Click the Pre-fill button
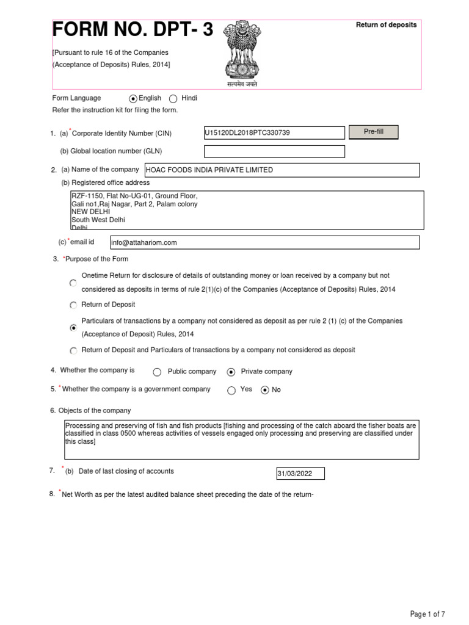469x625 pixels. click(373, 132)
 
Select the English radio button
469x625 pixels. click(133, 99)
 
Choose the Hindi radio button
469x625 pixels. click(173, 99)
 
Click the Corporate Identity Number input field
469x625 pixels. click(274, 133)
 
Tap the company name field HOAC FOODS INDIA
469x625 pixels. click(281, 170)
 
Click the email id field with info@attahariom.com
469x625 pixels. click(264, 242)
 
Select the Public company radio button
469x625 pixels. click(157, 372)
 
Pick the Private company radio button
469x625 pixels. click(231, 372)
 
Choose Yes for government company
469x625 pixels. click(231, 391)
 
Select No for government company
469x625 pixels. click(264, 391)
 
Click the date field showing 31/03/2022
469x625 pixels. click(300, 474)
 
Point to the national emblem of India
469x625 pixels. click(239, 51)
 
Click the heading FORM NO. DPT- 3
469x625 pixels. click(133, 29)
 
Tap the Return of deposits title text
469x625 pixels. click(387, 25)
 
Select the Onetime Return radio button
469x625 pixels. click(73, 283)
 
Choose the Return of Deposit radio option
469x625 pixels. click(73, 305)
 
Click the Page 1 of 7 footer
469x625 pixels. click(427, 614)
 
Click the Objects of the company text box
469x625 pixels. click(241, 439)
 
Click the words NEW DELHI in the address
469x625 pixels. click(90, 212)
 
